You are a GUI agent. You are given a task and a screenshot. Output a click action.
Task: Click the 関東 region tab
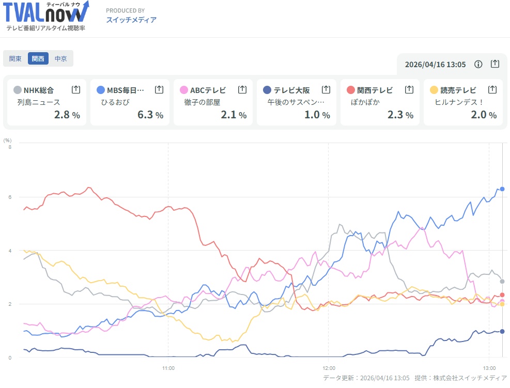point(16,59)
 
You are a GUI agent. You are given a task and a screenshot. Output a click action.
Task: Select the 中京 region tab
point(61,59)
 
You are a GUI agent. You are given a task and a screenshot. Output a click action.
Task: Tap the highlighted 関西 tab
point(38,59)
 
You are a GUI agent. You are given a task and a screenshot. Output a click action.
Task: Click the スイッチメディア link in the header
point(131,20)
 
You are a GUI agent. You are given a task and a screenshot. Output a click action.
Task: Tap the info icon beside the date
point(478,64)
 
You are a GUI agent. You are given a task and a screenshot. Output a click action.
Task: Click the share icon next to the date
point(495,64)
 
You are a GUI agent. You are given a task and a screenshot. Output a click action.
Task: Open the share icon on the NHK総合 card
point(76,90)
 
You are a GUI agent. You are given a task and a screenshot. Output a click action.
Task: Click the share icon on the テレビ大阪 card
point(326,90)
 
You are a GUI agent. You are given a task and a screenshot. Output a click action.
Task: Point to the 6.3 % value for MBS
point(150,115)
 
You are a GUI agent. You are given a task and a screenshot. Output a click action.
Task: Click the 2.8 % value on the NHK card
point(67,115)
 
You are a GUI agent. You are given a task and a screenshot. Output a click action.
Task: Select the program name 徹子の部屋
point(202,102)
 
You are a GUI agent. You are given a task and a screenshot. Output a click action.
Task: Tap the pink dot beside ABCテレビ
point(184,90)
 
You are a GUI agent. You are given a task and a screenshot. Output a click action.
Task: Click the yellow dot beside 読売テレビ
point(434,90)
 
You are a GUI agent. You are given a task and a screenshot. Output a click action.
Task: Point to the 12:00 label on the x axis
point(329,368)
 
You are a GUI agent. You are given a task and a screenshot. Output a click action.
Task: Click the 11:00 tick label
point(168,368)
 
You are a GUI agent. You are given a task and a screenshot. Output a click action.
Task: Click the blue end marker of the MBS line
point(502,189)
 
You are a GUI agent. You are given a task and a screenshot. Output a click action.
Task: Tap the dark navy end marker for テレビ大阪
point(502,332)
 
